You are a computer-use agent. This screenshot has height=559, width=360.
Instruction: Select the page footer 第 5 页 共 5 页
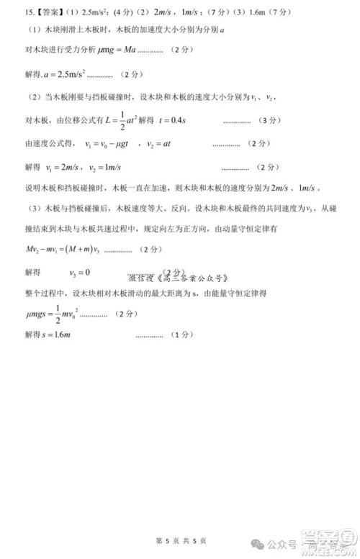180,540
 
